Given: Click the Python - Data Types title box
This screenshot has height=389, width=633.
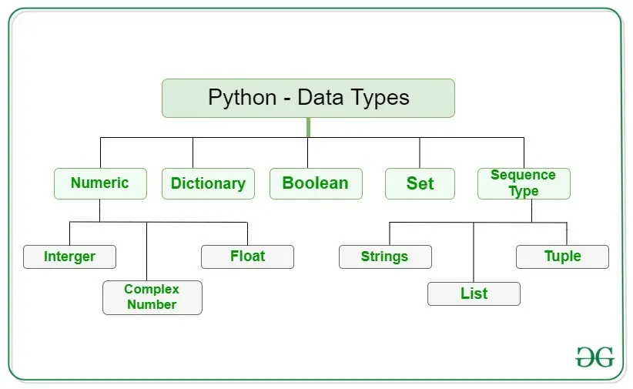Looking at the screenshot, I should (x=308, y=98).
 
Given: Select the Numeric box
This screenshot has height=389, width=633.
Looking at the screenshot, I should (x=100, y=183).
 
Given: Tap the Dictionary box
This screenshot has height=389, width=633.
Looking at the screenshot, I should (x=208, y=183).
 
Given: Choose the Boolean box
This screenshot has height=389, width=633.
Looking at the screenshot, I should (x=316, y=183).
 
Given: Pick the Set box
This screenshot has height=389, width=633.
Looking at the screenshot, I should (x=420, y=183).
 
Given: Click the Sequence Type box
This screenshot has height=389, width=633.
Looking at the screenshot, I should (x=524, y=183).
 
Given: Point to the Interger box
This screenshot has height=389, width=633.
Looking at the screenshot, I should (x=69, y=257).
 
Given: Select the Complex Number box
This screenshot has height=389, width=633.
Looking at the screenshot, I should (x=152, y=297).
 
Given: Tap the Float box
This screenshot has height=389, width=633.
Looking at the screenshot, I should (x=247, y=257).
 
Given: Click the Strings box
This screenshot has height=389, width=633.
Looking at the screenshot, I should (x=385, y=257).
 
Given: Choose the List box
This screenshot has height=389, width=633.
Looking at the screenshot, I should (x=474, y=293).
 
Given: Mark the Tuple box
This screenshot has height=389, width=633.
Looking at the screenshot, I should (x=562, y=257).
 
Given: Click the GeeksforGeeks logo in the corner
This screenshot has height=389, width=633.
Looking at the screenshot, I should (x=594, y=357).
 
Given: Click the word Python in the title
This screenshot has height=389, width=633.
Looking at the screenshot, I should (x=242, y=99).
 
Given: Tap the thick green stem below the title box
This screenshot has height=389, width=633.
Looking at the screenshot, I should (x=308, y=127).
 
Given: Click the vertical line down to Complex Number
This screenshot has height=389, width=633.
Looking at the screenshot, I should (x=146, y=250).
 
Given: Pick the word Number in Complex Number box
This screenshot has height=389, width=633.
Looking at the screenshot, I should (x=152, y=305).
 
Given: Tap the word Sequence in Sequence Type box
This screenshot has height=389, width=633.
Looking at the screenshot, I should (x=523, y=176).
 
